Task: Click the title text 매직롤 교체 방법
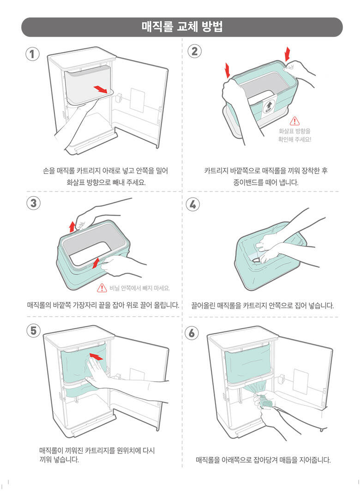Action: (182, 27)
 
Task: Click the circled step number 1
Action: (32, 54)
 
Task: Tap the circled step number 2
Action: (195, 51)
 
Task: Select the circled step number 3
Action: (33, 203)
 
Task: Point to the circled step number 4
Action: (193, 204)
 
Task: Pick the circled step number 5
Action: (34, 331)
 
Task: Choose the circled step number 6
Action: (192, 333)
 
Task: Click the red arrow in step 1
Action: (100, 89)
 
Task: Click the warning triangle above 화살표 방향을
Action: (294, 121)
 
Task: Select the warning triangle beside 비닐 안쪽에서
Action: (102, 288)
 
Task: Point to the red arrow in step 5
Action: (96, 356)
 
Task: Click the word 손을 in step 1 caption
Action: (48, 171)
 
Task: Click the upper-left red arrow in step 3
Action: (72, 226)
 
